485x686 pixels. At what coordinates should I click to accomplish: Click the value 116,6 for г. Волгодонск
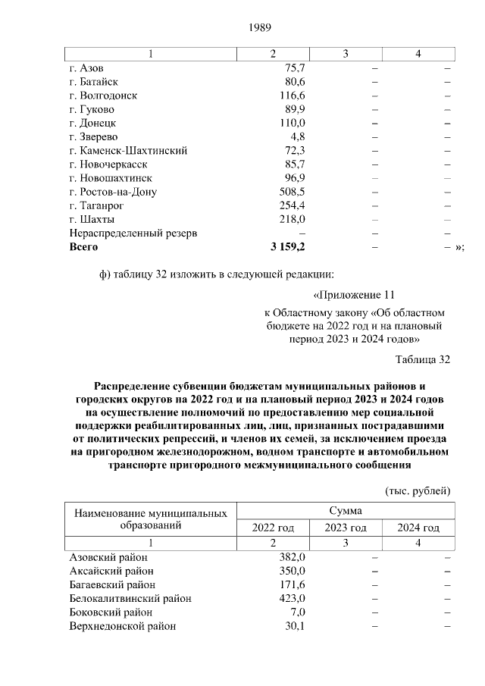pos(292,96)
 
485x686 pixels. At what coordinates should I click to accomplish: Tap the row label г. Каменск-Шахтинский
pos(128,150)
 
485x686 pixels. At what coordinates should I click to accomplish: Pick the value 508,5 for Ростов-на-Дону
pos(292,192)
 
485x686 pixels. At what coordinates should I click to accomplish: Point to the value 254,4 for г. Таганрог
pos(292,205)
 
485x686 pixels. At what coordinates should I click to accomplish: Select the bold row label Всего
pos(83,246)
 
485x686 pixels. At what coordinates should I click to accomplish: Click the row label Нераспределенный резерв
pos(133,233)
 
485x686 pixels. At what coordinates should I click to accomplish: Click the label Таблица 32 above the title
pos(423,359)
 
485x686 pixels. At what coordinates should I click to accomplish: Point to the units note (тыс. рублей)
pos(418,490)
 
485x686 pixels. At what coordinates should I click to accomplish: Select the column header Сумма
pos(346,511)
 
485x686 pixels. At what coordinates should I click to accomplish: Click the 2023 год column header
pos(346,528)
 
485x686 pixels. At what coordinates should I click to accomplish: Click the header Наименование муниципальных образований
pos(150,519)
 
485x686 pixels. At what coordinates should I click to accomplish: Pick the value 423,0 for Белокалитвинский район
pos(292,598)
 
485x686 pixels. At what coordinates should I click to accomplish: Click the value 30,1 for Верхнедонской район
pos(295,625)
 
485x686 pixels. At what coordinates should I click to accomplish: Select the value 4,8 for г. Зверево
pos(298,136)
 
